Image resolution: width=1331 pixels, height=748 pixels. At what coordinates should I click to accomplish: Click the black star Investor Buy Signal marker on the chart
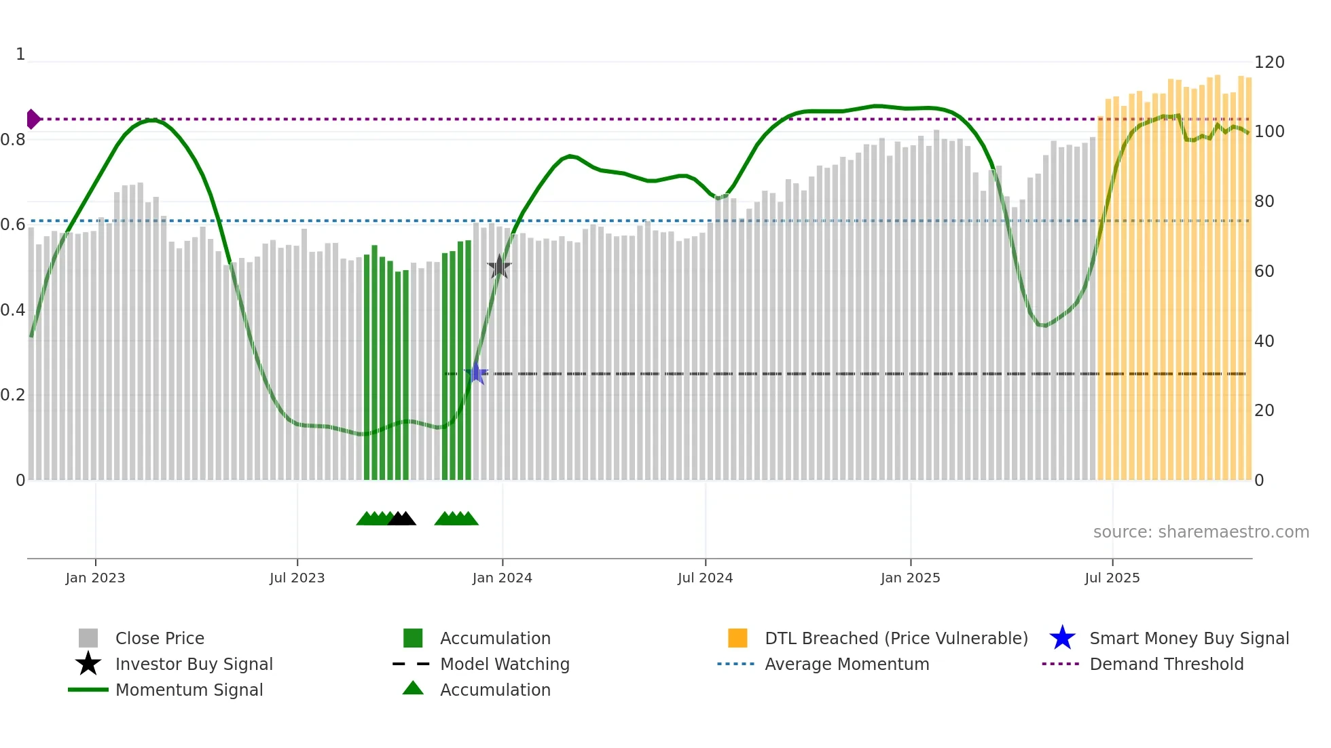499,267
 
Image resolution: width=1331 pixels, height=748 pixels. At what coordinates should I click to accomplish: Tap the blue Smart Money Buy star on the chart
476,373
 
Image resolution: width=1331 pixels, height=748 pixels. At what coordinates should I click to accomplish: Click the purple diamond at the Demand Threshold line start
33,119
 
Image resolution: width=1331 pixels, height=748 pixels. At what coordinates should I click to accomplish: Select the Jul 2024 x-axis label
705,578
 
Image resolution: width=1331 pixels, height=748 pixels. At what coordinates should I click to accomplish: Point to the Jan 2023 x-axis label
95,578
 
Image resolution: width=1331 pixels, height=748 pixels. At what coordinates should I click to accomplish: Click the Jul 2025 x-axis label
1112,578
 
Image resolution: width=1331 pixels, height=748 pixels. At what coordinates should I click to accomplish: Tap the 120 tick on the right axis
1269,62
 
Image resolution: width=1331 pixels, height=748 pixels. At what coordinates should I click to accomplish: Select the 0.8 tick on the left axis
14,140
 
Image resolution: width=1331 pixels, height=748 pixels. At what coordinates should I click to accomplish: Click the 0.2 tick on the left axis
14,395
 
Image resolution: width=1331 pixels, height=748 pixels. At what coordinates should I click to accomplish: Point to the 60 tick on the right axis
1264,272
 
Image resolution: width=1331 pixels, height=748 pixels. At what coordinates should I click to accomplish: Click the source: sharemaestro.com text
1201,532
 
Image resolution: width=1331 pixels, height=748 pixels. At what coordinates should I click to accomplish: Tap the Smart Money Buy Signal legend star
1062,638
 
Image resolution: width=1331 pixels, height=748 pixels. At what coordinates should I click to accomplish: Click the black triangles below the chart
402,519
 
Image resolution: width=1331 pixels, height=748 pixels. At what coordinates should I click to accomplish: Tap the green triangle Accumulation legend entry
413,688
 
